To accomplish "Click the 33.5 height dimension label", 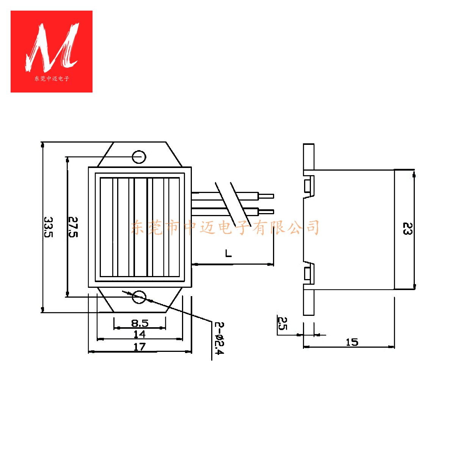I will point(49,227).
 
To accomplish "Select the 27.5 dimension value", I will point(72,227).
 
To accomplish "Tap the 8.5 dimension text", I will point(140,323).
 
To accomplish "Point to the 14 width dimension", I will point(140,334).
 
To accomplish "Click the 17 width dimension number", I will point(140,347).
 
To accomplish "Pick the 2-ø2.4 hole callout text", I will point(219,338).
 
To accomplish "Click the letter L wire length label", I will point(228,253).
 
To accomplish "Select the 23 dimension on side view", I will point(407,229).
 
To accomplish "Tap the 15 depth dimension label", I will point(352,342).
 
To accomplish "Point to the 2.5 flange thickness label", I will point(282,323).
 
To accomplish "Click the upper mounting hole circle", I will point(139,157).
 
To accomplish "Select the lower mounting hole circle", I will point(139,297).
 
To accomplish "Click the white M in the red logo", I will point(52,47).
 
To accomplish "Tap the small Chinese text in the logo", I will point(52,79).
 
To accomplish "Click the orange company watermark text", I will point(225,227).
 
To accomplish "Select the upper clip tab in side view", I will point(308,186).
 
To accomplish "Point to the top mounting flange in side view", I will point(309,156).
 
